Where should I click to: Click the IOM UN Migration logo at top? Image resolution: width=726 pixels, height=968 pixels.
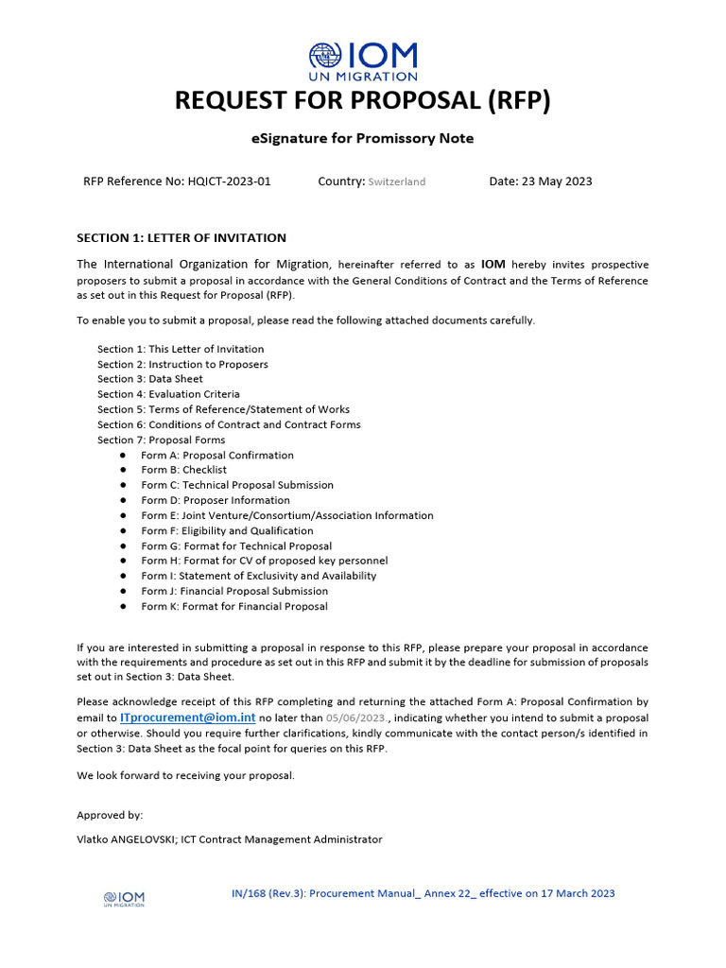pyautogui.click(x=363, y=60)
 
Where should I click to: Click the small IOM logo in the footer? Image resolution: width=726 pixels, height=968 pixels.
pyautogui.click(x=124, y=898)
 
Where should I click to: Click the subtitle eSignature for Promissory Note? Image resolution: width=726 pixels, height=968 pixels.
pyautogui.click(x=363, y=139)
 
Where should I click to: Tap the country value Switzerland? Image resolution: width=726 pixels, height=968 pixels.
pyautogui.click(x=397, y=181)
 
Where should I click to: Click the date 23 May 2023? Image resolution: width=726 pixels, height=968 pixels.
pyautogui.click(x=557, y=181)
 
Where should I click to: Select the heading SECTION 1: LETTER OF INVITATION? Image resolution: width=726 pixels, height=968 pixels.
pyautogui.click(x=181, y=238)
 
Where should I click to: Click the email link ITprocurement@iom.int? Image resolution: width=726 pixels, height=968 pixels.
pyautogui.click(x=188, y=718)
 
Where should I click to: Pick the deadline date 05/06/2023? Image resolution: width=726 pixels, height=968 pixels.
pyautogui.click(x=355, y=718)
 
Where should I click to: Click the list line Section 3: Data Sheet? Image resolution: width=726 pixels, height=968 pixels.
pyautogui.click(x=149, y=379)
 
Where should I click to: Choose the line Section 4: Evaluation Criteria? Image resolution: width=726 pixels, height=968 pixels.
pyautogui.click(x=168, y=394)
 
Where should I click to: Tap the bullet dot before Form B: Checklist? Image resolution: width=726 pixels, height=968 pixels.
pyautogui.click(x=123, y=470)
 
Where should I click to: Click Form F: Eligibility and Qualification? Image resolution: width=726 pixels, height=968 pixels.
pyautogui.click(x=227, y=530)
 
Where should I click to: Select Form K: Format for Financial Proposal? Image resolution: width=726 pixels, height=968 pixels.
pyautogui.click(x=234, y=606)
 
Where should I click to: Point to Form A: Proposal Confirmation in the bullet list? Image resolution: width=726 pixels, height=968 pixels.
pyautogui.click(x=217, y=455)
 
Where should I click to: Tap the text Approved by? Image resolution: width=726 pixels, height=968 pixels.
pyautogui.click(x=110, y=815)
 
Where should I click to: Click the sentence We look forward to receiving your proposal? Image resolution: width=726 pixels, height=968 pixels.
pyautogui.click(x=185, y=776)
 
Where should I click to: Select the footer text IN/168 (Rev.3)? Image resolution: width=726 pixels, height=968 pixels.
pyautogui.click(x=268, y=893)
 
